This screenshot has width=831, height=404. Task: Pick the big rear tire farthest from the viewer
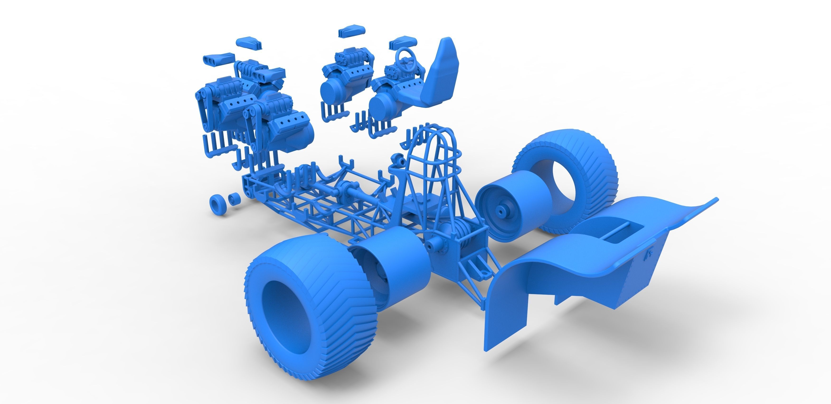click(568, 171)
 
